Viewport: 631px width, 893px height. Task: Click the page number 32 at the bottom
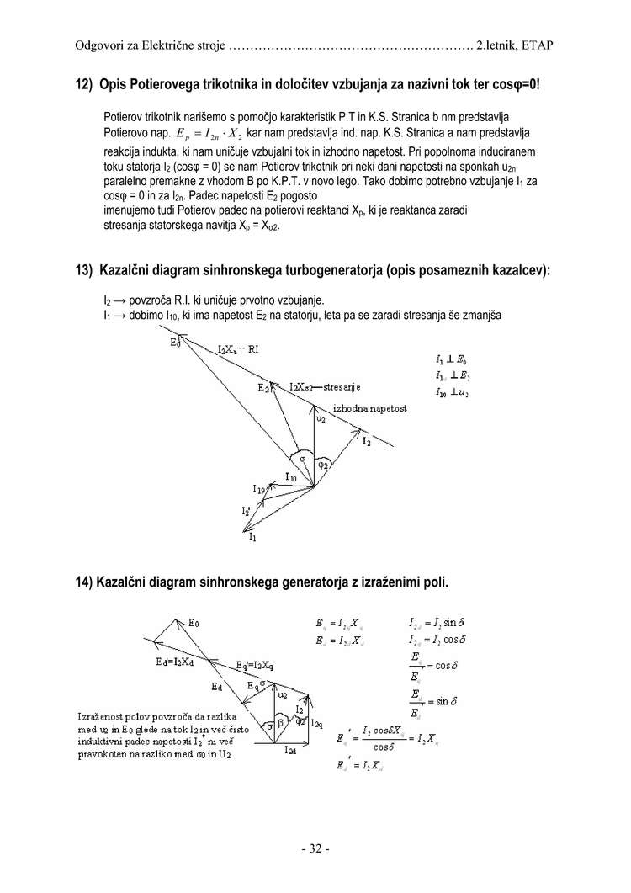(x=315, y=848)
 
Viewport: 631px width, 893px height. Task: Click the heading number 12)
(x=84, y=85)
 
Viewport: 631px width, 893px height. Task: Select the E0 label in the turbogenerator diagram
(x=175, y=342)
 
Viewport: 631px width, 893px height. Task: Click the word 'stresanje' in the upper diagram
(x=342, y=387)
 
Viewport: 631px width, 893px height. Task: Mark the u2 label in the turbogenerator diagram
(x=321, y=417)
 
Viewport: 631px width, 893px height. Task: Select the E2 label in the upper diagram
(x=263, y=388)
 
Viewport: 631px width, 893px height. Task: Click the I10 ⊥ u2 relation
(x=453, y=393)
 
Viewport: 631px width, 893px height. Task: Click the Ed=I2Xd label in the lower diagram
(x=174, y=661)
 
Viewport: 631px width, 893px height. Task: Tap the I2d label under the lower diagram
(x=289, y=749)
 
